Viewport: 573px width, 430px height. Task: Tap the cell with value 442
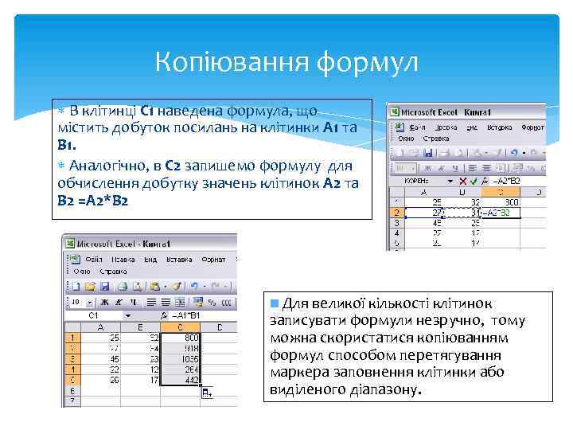click(x=190, y=380)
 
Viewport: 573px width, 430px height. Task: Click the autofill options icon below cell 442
click(x=207, y=392)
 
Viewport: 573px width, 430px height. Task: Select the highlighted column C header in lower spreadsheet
click(x=182, y=326)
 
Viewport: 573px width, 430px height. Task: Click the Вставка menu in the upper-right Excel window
click(x=499, y=127)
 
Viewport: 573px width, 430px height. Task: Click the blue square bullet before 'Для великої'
click(x=275, y=303)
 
